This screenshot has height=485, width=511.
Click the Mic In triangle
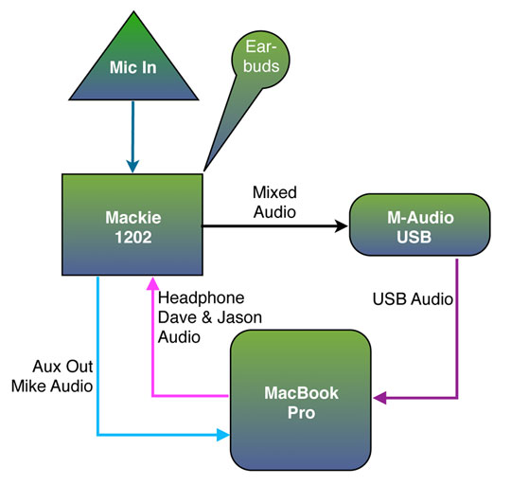(133, 65)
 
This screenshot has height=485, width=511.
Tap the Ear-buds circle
(261, 60)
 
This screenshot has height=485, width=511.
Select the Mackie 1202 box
(132, 225)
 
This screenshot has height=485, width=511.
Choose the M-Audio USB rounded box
(420, 225)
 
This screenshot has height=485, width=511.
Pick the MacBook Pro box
(301, 400)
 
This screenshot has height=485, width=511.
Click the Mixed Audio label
(274, 202)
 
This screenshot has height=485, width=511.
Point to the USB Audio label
(413, 299)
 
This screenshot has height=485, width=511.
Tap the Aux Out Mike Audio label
(52, 376)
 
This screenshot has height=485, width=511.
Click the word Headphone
(201, 297)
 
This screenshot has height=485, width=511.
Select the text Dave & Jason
(210, 317)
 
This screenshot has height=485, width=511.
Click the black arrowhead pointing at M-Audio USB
(342, 225)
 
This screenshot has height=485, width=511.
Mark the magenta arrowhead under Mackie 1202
(152, 283)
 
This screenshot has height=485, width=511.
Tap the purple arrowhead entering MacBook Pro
(379, 398)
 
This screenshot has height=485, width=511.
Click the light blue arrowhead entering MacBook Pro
(223, 435)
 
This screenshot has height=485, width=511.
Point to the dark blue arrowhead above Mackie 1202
(132, 167)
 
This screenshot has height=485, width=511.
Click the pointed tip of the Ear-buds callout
(204, 171)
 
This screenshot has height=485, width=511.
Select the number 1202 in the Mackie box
(133, 237)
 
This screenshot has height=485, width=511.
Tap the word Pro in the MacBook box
(302, 413)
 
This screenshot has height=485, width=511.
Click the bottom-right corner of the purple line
(457, 398)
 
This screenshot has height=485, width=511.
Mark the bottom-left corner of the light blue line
(97, 435)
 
